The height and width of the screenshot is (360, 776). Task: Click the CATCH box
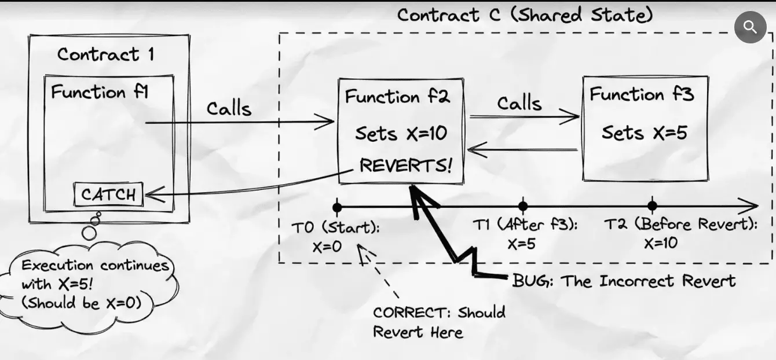[x=108, y=194]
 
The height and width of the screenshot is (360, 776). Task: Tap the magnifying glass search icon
[x=751, y=27]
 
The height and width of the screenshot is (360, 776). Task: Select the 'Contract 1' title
[x=106, y=54]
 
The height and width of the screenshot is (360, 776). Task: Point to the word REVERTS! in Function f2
[x=405, y=165]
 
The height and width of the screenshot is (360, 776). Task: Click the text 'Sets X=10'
[x=401, y=134]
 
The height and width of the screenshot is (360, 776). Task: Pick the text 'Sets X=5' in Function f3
[x=644, y=133]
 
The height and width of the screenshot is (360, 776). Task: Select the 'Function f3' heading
[x=642, y=94]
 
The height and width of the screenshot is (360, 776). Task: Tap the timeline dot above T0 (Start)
[x=337, y=206]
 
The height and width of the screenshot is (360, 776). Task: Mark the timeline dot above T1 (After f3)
[x=523, y=206]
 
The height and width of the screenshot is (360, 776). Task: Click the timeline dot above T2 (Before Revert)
[x=653, y=205]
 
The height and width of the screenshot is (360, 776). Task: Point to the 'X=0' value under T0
[x=327, y=246]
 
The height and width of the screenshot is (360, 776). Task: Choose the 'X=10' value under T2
[x=661, y=244]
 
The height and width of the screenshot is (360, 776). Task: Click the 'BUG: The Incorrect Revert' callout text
[x=624, y=281]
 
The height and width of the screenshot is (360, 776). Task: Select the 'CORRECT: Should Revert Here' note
[x=438, y=322]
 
